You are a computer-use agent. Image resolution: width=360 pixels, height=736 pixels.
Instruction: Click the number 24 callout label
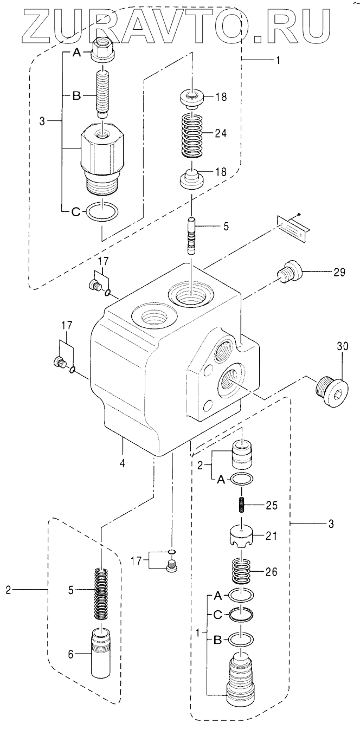(x=221, y=133)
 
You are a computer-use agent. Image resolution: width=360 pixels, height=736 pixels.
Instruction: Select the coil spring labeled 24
(x=193, y=135)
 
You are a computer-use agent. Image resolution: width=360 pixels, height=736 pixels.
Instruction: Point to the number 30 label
(x=343, y=346)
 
